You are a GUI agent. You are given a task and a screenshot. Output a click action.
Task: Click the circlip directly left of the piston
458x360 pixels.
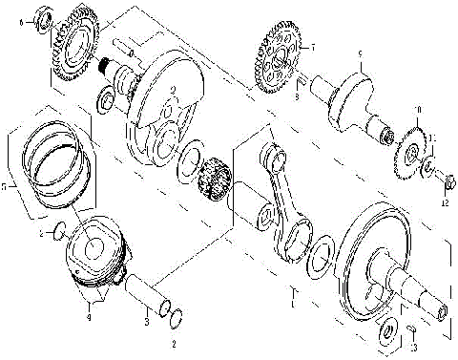(57, 229)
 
